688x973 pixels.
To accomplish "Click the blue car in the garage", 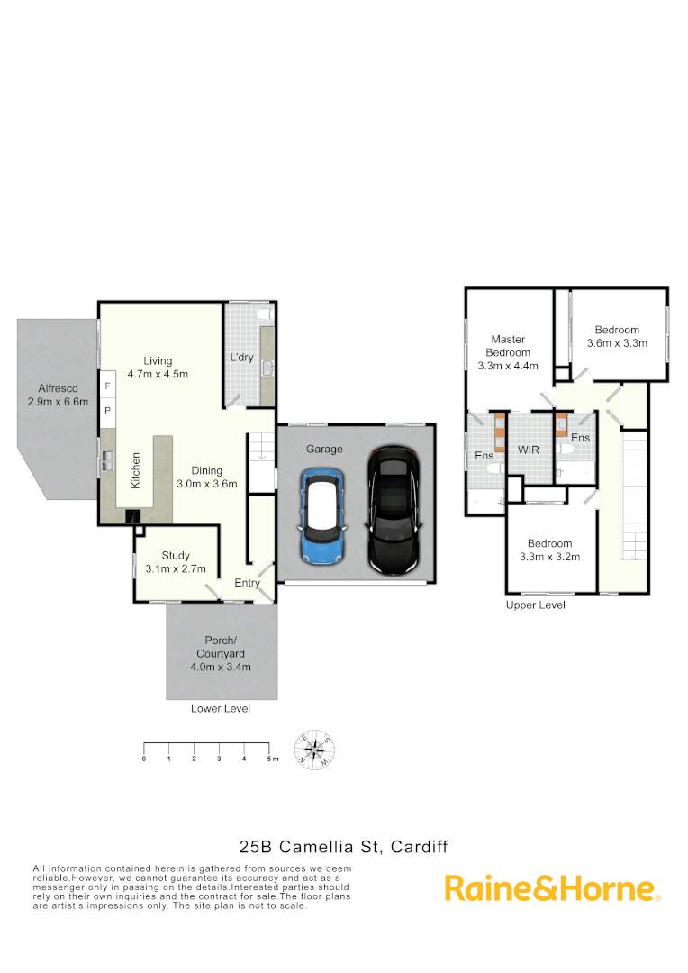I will [x=320, y=516].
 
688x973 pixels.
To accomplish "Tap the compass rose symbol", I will [x=316, y=750].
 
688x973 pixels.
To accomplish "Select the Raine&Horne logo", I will [x=552, y=888].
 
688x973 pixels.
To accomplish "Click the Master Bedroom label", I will [x=508, y=352].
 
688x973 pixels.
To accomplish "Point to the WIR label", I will [x=527, y=449].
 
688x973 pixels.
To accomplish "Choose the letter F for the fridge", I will [x=108, y=386].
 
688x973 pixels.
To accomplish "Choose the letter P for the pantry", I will [x=108, y=410].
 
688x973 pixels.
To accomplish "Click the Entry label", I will [x=247, y=583].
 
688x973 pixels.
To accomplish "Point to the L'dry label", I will [x=241, y=358].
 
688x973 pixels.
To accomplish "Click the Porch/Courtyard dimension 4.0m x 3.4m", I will [x=220, y=667].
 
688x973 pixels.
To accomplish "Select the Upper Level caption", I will [x=536, y=605].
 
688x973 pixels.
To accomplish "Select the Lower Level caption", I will [x=221, y=709].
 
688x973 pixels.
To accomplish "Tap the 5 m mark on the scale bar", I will [x=269, y=759].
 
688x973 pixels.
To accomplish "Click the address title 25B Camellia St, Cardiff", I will [x=343, y=847].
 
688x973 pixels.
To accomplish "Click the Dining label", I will [x=206, y=470].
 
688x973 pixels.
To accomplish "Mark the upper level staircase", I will [x=635, y=496].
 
